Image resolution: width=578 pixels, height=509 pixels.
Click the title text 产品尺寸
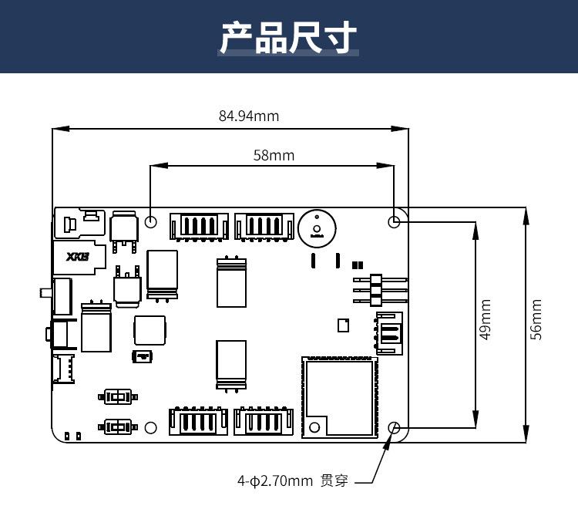coord(288,37)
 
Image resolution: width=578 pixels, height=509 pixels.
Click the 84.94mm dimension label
coord(249,116)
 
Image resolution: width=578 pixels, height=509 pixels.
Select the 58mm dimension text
coord(274,155)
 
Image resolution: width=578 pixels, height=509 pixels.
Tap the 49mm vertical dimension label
coord(486,320)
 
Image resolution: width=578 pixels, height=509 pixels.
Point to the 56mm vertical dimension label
coord(537,320)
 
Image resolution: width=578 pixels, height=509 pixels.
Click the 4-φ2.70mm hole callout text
coord(275,481)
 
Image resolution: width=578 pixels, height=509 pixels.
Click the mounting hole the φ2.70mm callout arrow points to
coord(395,427)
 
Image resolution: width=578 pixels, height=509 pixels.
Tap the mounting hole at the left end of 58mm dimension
coord(151,222)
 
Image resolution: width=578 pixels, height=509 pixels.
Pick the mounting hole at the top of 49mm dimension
coord(395,222)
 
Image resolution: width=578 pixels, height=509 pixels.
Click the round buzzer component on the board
coord(317,229)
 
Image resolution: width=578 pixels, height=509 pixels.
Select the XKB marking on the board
coord(77,257)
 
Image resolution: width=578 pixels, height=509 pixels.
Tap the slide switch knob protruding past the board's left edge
coord(43,293)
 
